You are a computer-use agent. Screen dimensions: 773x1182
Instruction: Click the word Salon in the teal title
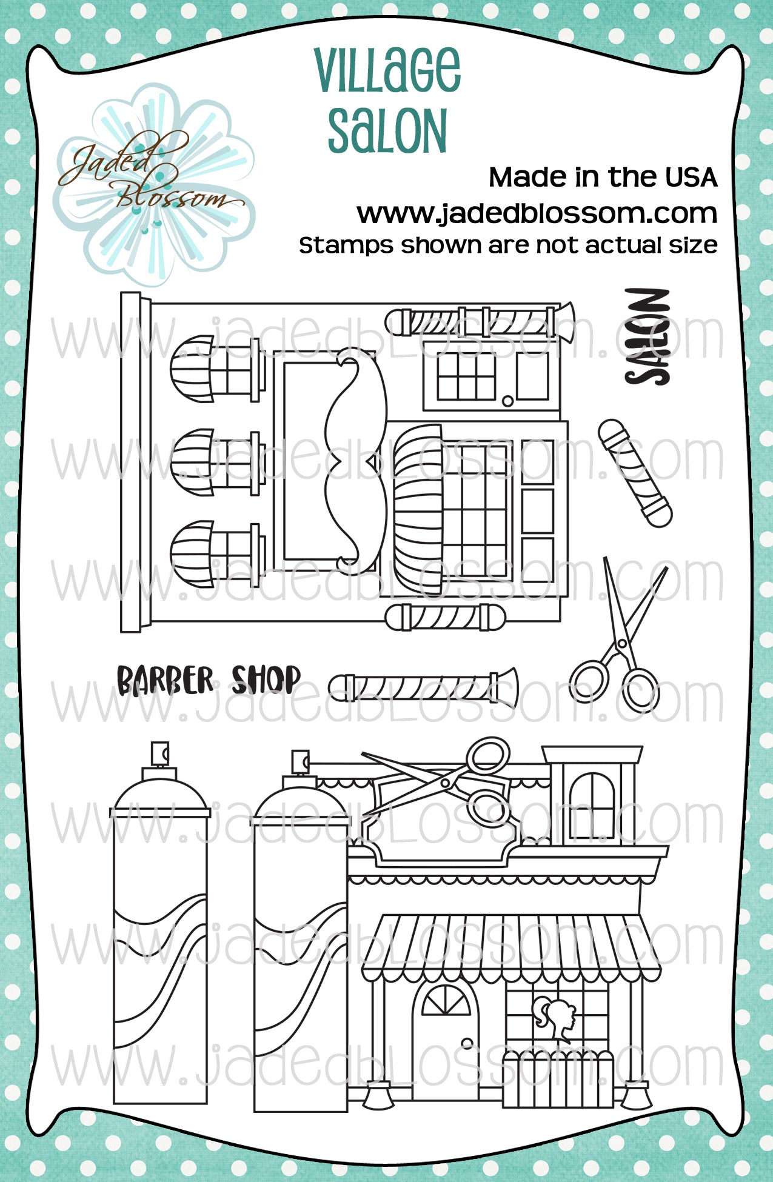coord(387,130)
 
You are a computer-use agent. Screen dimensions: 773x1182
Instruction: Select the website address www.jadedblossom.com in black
coord(537,213)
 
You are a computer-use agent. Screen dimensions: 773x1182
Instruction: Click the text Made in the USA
coord(603,177)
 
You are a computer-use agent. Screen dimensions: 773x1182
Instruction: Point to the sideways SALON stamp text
coord(648,336)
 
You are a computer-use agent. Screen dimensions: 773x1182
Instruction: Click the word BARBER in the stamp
coord(165,680)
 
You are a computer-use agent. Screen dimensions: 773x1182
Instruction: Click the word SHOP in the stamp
coord(266,679)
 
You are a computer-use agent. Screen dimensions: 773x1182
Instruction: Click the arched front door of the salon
coord(445,1037)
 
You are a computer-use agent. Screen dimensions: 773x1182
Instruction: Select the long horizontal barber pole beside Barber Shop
coord(423,687)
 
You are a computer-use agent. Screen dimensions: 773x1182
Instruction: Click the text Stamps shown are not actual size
coord(508,245)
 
